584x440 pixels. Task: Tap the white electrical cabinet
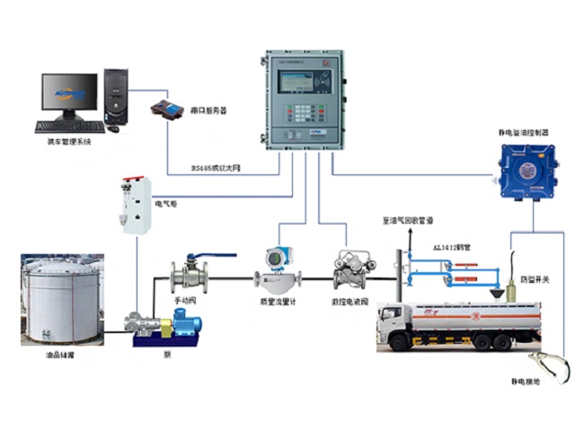pos(136,205)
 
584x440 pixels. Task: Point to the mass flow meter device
pos(279,265)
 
